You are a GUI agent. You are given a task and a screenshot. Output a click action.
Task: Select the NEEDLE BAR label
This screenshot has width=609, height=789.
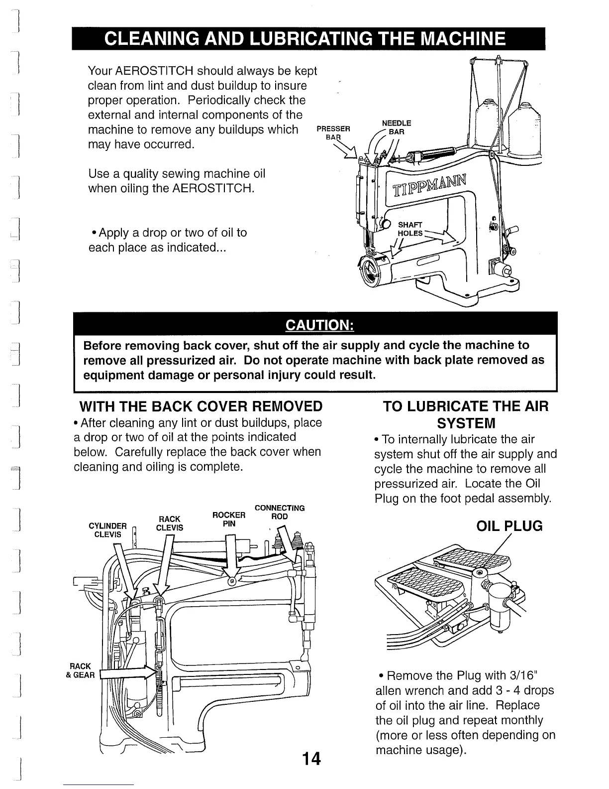[x=397, y=128]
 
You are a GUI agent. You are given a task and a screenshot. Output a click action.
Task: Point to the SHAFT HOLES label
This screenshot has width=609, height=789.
[x=410, y=229]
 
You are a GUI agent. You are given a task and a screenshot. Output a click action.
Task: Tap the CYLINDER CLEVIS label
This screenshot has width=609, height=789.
[x=107, y=530]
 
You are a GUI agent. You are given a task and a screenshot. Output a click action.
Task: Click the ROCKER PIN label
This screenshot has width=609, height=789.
[x=229, y=520]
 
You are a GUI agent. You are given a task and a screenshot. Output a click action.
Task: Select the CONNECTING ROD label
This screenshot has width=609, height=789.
[x=280, y=512]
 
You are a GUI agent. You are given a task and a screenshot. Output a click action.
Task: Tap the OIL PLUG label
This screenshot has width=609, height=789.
[x=509, y=526]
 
